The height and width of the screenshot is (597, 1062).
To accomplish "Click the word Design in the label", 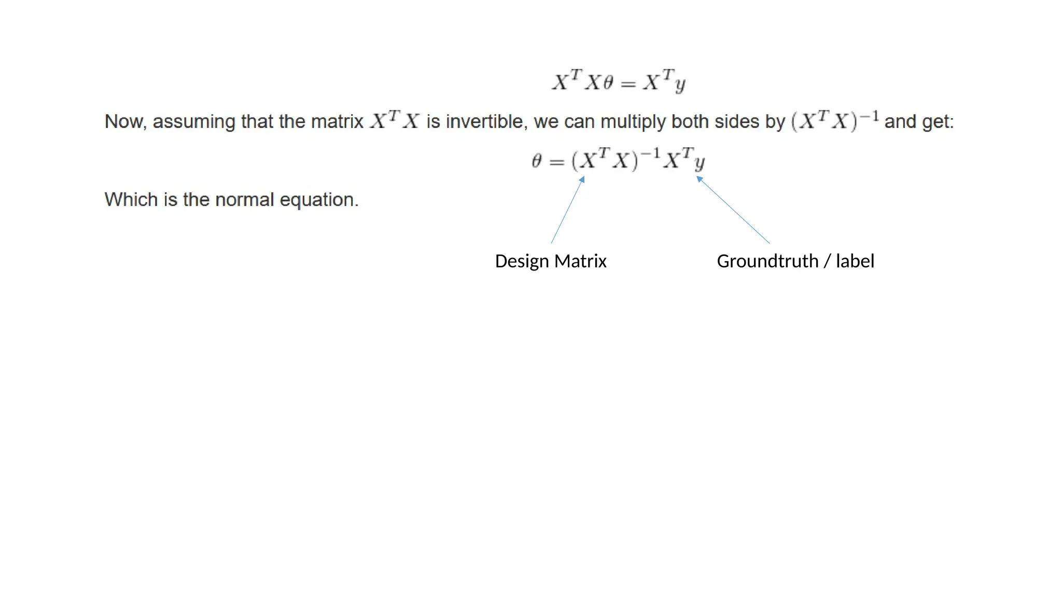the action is (522, 261).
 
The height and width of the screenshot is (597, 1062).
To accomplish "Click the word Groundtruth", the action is (767, 261).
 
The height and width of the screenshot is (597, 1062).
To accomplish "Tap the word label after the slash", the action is (855, 261).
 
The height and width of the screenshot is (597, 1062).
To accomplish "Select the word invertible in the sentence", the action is (484, 122).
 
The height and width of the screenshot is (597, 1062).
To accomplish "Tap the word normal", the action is (244, 200).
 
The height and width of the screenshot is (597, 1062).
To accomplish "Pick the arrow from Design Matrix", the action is (568, 210).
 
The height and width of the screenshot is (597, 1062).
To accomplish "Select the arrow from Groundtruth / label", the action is (733, 210).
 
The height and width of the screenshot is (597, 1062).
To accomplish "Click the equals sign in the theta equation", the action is (556, 162).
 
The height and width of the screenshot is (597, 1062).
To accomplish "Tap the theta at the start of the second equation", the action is (537, 161).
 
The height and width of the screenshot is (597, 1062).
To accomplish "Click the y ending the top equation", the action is (680, 84).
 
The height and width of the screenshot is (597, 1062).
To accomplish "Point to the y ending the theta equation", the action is (700, 163).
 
